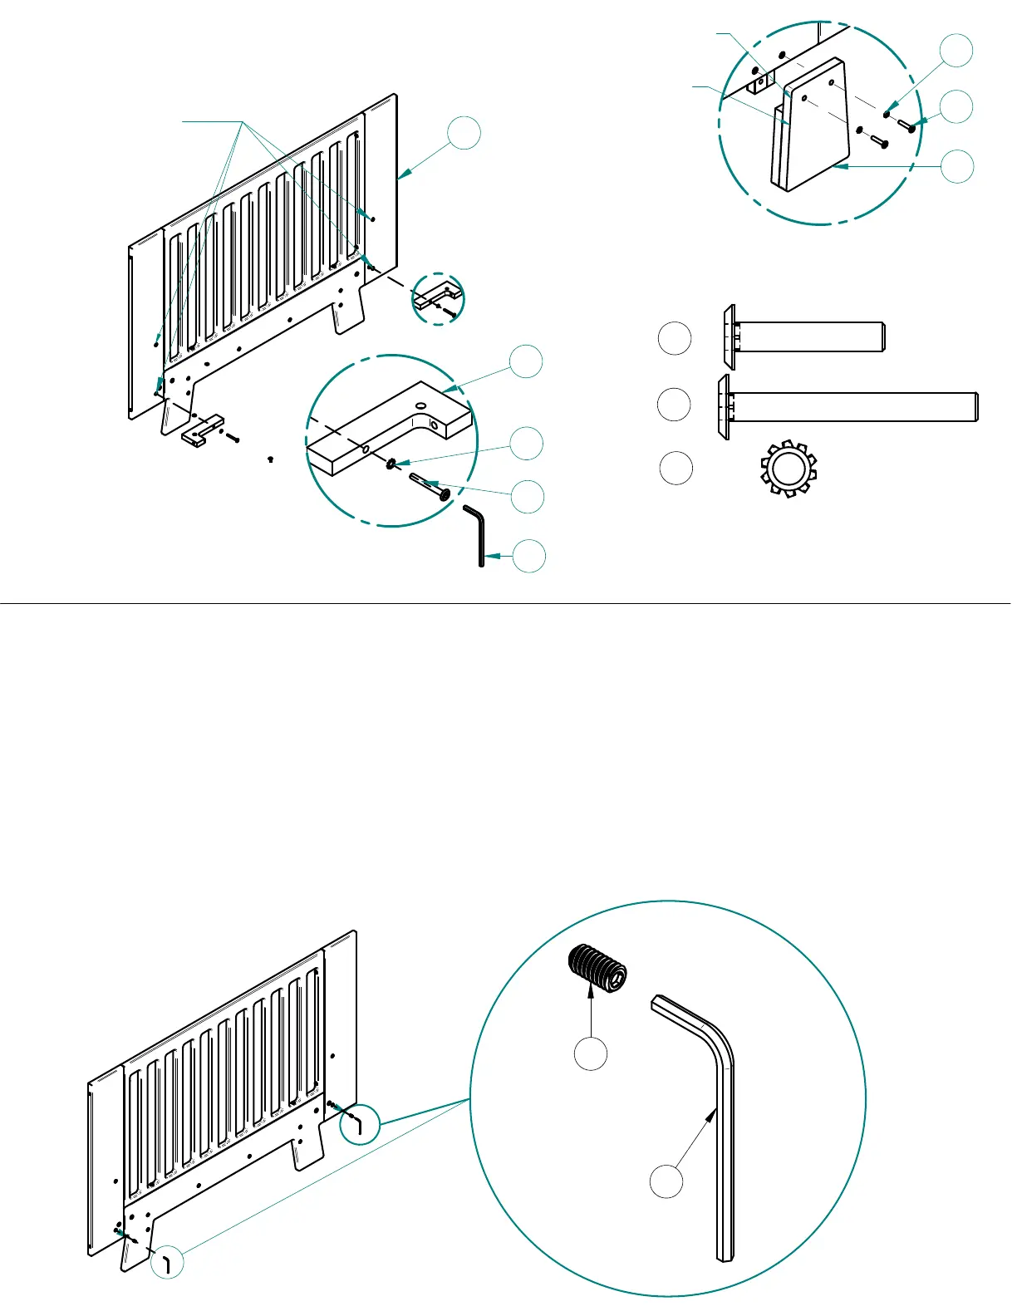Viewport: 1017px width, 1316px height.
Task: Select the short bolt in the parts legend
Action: [x=803, y=336]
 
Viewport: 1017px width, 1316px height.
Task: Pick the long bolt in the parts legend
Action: [x=847, y=405]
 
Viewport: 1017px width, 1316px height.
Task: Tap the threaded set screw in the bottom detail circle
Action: [x=597, y=970]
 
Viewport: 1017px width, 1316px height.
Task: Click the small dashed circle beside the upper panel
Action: [x=439, y=297]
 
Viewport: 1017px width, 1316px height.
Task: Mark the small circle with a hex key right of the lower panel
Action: [x=361, y=1125]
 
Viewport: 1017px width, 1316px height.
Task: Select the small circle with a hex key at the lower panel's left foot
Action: [x=167, y=1262]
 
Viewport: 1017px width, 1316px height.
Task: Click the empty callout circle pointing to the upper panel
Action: [x=464, y=133]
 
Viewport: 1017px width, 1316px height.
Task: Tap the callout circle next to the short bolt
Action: [x=675, y=338]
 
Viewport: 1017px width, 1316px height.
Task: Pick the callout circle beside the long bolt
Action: [x=674, y=405]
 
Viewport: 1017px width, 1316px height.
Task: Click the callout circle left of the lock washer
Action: [x=676, y=469]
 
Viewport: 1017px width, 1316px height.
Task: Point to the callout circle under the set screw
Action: [x=591, y=1053]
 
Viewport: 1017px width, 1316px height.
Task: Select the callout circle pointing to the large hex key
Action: [x=666, y=1181]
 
